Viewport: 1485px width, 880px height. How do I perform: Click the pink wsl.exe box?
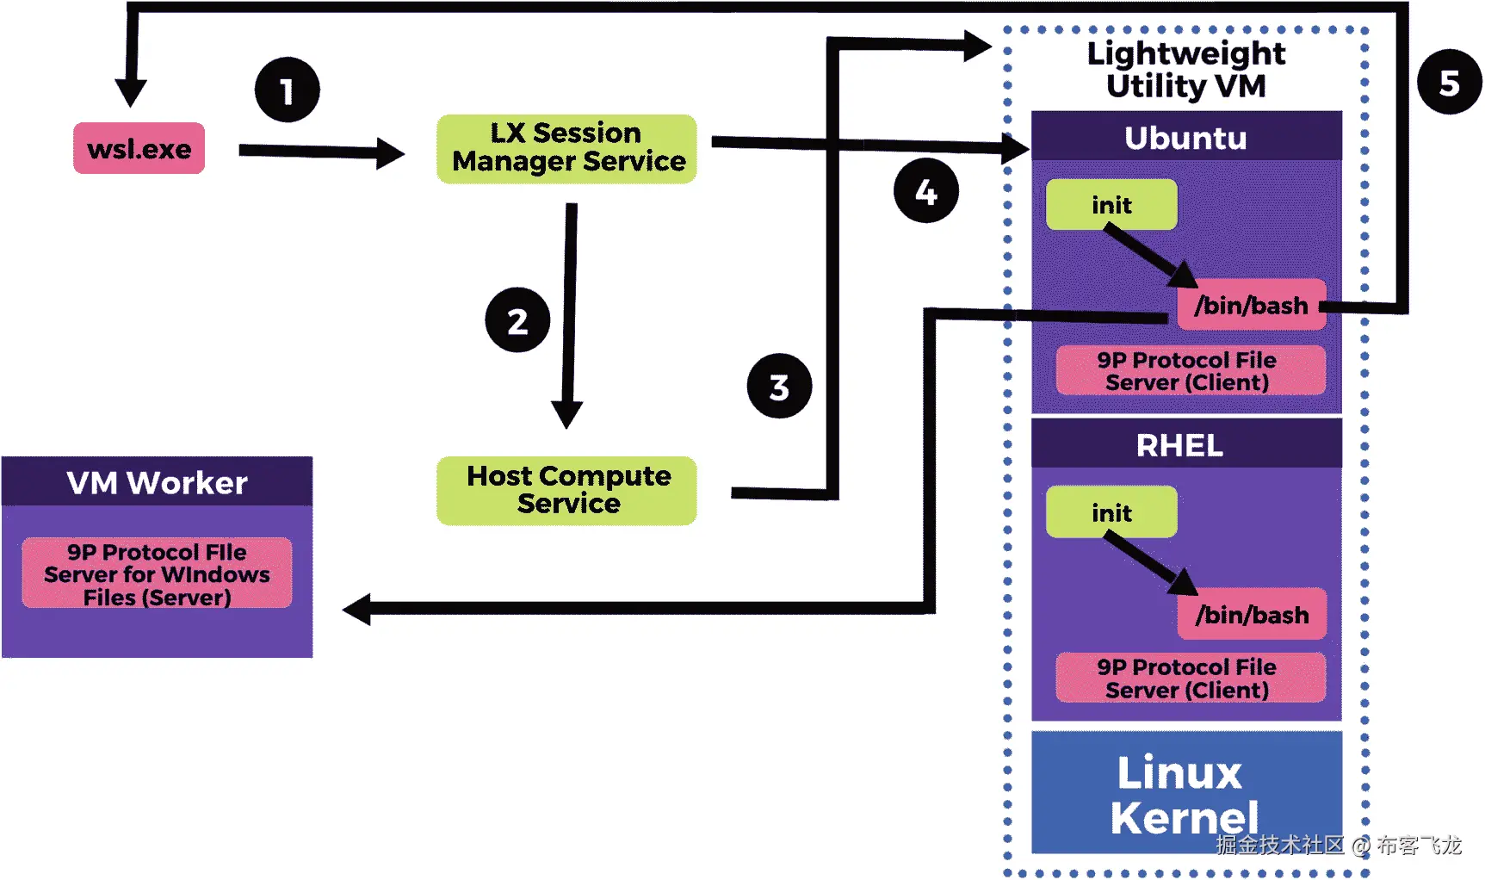[x=139, y=148]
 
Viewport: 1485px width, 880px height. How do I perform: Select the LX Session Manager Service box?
[x=566, y=148]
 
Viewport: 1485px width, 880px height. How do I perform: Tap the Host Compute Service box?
[x=566, y=490]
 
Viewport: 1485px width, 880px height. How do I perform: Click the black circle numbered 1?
[x=288, y=90]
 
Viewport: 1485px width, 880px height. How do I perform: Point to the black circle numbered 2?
[x=517, y=320]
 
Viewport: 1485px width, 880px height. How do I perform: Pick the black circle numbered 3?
[x=779, y=387]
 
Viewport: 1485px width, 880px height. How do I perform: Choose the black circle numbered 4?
[x=925, y=190]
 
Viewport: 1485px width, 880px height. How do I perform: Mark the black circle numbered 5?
[x=1450, y=83]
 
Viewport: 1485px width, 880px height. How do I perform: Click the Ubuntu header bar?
[x=1185, y=136]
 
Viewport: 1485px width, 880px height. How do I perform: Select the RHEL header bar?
[x=1185, y=444]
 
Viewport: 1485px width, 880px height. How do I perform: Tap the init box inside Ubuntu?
[x=1111, y=205]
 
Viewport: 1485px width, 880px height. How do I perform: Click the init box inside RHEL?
[x=1111, y=512]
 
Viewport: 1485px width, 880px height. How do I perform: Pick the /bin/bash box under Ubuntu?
[x=1251, y=305]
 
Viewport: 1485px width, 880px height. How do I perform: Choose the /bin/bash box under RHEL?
[x=1251, y=614]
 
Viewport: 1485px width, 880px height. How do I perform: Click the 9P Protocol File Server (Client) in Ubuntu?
[x=1190, y=370]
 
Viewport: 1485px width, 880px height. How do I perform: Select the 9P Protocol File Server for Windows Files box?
[x=157, y=573]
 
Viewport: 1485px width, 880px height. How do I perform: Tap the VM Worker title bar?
[x=157, y=481]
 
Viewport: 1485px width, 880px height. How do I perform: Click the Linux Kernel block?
[x=1185, y=792]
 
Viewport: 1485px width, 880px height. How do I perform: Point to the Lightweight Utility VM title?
[x=1185, y=69]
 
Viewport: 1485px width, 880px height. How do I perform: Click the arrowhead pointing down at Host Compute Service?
[x=566, y=414]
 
